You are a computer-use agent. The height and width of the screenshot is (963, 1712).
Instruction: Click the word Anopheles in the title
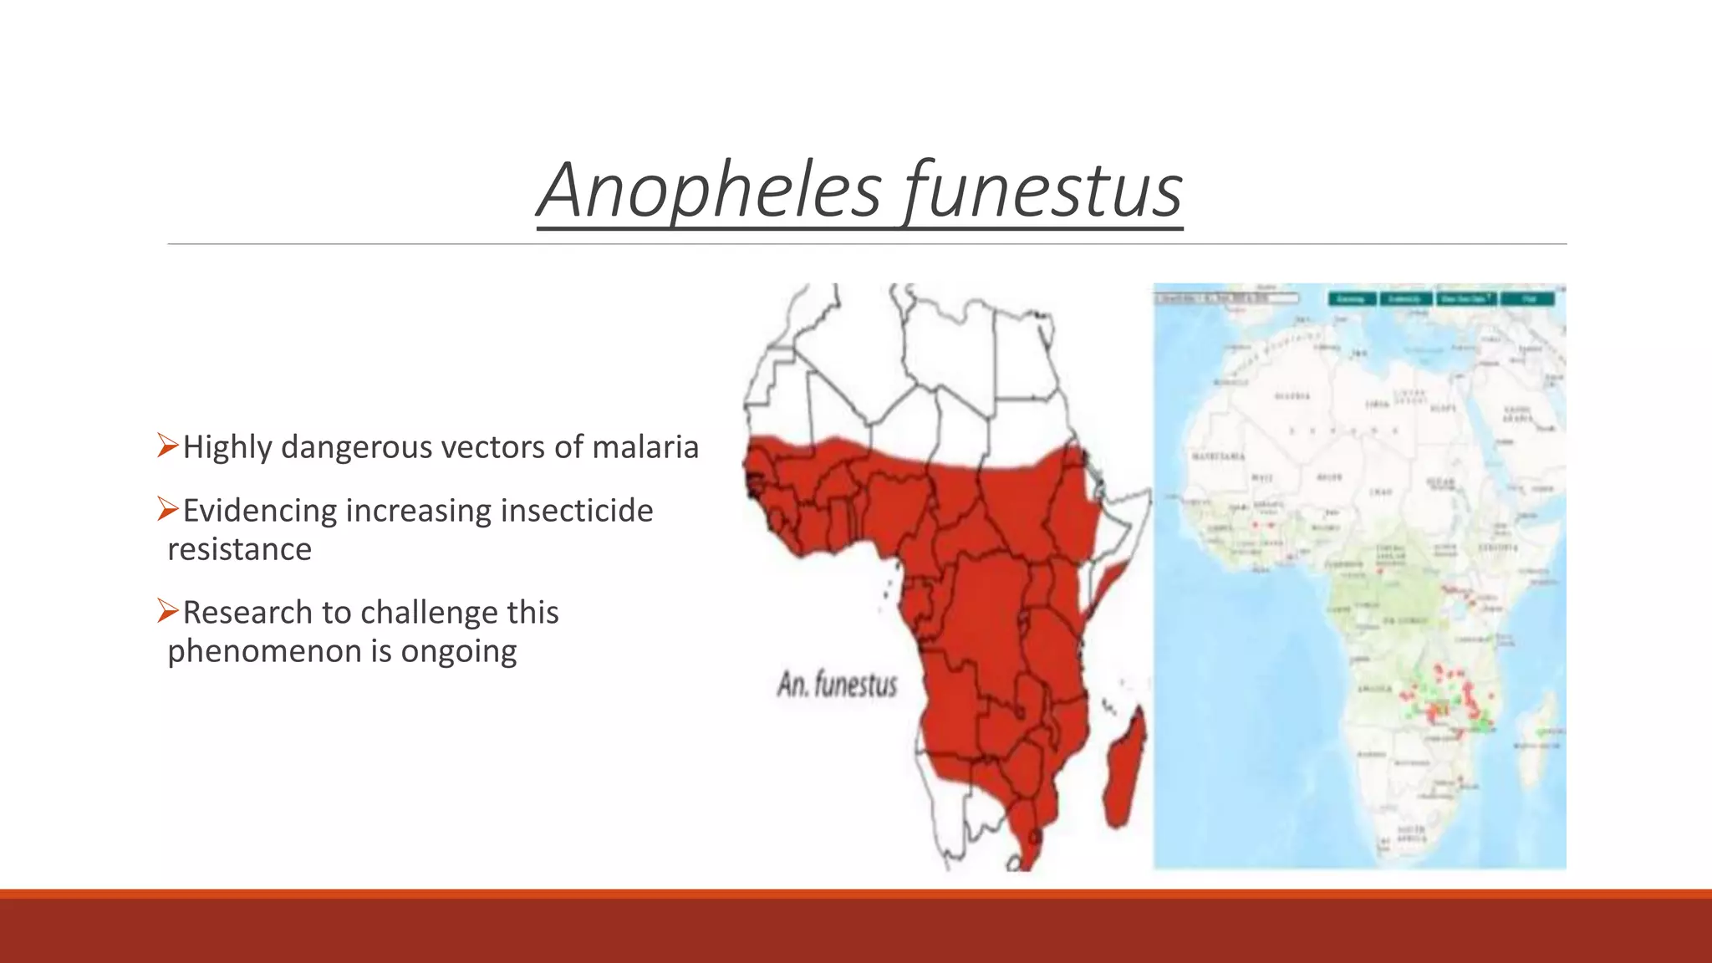click(710, 191)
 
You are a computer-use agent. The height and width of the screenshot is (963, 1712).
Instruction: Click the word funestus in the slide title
click(1043, 191)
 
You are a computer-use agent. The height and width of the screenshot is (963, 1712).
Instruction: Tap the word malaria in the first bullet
click(645, 447)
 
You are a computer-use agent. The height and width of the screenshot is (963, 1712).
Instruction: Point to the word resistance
click(239, 549)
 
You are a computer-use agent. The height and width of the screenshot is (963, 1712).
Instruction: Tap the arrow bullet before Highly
click(167, 446)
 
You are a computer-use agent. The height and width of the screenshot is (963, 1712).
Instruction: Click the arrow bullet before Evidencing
click(167, 509)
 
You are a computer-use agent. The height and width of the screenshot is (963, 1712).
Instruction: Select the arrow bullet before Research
click(167, 611)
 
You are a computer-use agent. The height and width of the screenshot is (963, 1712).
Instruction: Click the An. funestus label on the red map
click(837, 685)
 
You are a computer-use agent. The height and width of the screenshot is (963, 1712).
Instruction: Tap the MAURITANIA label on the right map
click(1218, 456)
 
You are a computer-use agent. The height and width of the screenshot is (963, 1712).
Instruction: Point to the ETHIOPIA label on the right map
click(1498, 548)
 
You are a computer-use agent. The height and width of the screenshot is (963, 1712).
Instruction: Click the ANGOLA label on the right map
click(1377, 689)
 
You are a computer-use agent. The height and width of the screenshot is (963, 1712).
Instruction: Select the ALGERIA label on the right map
click(1292, 396)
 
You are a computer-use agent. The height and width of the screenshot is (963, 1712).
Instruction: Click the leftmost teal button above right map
click(1352, 298)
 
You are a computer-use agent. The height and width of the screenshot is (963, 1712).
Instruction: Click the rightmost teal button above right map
click(1528, 298)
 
